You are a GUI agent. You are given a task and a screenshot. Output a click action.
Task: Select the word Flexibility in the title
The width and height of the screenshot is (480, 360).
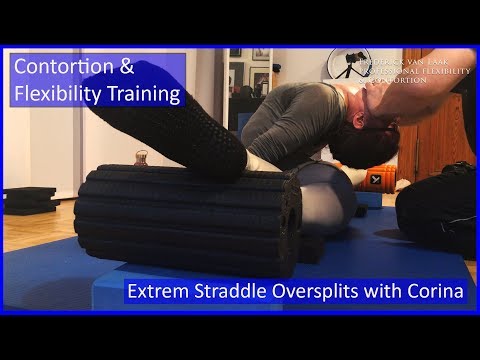[55, 95]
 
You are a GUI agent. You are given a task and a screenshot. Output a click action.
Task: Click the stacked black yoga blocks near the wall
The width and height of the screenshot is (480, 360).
[28, 200]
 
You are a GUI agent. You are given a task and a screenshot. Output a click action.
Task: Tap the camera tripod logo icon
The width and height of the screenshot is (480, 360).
[348, 65]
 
